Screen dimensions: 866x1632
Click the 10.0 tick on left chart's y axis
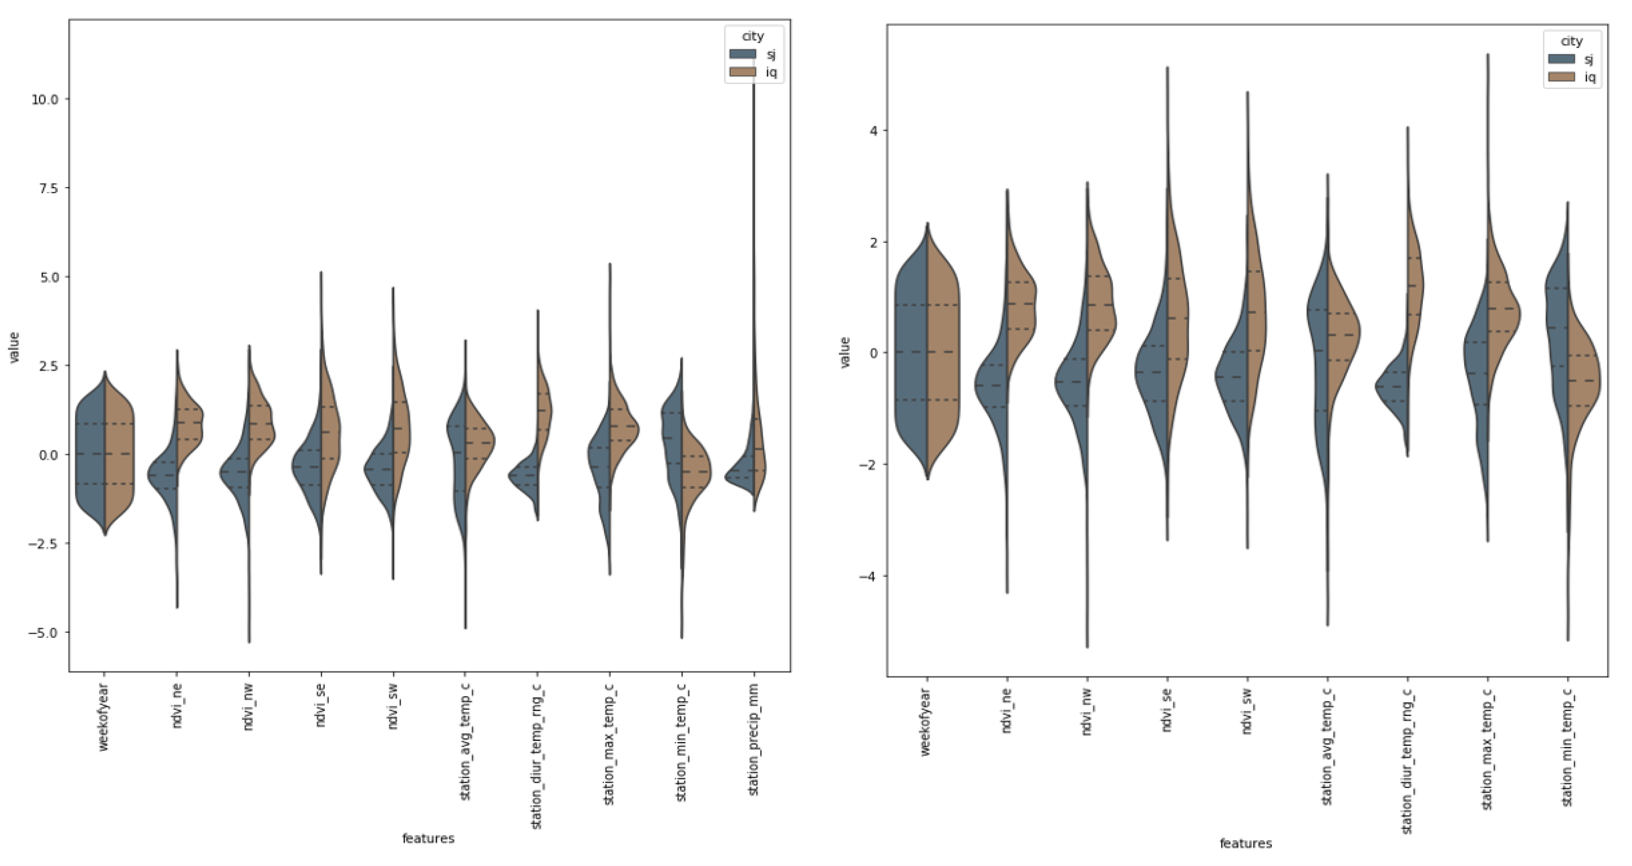(x=44, y=99)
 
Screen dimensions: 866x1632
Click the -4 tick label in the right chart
(x=869, y=576)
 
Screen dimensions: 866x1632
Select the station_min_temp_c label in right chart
(x=1567, y=747)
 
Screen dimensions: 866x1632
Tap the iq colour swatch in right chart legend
(x=1562, y=77)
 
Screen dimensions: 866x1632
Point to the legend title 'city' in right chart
(x=1572, y=41)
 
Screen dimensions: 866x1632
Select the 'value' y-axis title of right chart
(x=844, y=353)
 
